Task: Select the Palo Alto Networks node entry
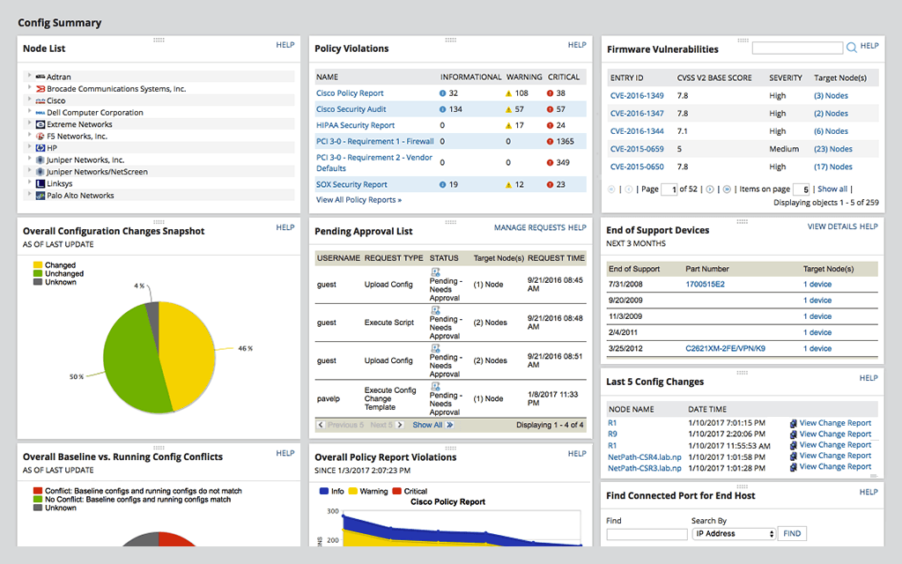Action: click(80, 196)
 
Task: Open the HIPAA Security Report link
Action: click(355, 125)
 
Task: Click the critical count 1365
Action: click(565, 141)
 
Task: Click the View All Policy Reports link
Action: click(359, 200)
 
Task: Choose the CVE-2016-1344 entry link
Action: click(637, 131)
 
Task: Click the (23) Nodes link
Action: click(832, 149)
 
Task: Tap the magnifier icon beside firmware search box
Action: click(852, 48)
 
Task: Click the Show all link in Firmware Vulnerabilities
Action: click(832, 189)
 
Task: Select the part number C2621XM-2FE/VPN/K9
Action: click(725, 349)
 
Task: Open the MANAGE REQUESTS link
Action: click(529, 227)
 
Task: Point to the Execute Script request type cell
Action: click(388, 323)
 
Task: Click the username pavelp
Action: click(329, 398)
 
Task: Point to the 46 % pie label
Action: click(245, 348)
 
